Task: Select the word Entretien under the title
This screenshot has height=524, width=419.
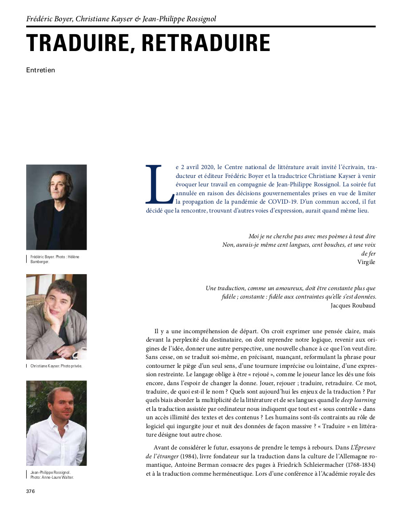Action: [x=40, y=70]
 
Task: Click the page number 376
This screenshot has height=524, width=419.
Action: [x=30, y=491]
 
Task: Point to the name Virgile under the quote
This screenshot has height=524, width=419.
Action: [x=366, y=262]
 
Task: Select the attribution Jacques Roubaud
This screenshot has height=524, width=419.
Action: [x=353, y=305]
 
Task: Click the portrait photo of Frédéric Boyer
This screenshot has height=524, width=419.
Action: [x=56, y=207]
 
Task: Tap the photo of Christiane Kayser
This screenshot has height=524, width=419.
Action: [x=56, y=316]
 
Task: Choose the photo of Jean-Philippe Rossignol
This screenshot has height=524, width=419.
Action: [x=56, y=423]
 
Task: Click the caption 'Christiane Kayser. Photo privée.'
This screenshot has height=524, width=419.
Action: [x=56, y=366]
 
